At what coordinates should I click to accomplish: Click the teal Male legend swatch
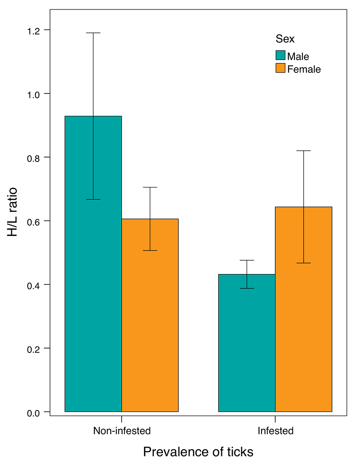(x=280, y=56)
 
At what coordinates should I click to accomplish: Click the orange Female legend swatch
(x=280, y=68)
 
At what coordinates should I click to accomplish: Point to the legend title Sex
(x=285, y=39)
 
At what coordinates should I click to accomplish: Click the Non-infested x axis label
(x=122, y=431)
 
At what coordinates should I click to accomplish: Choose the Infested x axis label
(x=275, y=431)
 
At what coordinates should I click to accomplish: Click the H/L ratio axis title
(x=12, y=212)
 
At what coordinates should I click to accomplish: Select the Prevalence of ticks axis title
(x=198, y=452)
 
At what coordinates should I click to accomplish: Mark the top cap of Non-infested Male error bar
(x=93, y=33)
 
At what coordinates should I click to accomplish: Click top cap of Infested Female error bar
(x=304, y=151)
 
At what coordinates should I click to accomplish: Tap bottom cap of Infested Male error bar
(x=247, y=288)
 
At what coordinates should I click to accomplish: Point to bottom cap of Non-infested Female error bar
(x=150, y=251)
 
